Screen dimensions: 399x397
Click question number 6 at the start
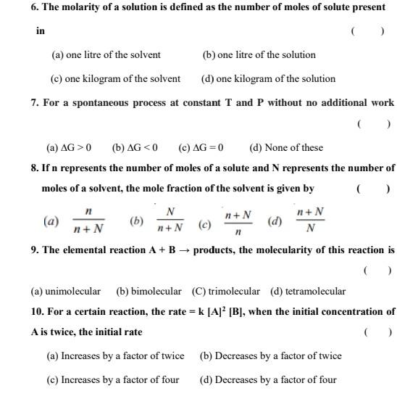pyautogui.click(x=34, y=7)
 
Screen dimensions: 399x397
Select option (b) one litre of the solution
pyautogui.click(x=259, y=54)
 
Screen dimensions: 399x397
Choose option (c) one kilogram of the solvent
pyautogui.click(x=114, y=78)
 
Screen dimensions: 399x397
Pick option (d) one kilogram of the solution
pyautogui.click(x=268, y=78)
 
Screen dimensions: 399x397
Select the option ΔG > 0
pyautogui.click(x=69, y=147)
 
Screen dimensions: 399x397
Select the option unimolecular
pyautogui.click(x=66, y=291)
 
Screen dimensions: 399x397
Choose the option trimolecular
pyautogui.click(x=225, y=291)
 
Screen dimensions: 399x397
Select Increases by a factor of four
pyautogui.click(x=112, y=379)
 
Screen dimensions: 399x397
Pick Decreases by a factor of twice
pyautogui.click(x=270, y=355)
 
